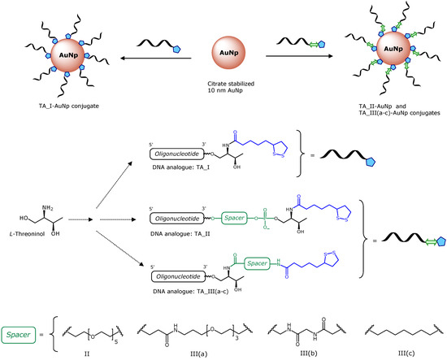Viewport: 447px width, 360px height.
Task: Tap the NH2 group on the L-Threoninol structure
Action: click(x=28, y=211)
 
